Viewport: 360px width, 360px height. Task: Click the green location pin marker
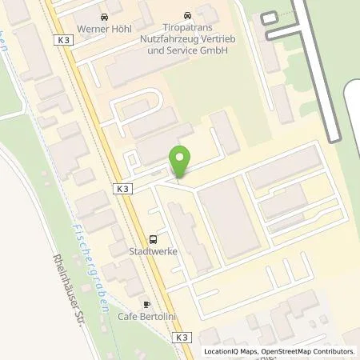pyautogui.click(x=180, y=162)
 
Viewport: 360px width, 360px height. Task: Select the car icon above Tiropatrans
pyautogui.click(x=187, y=15)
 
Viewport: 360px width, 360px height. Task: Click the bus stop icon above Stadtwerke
pyautogui.click(x=153, y=238)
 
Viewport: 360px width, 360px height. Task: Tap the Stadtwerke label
pyautogui.click(x=153, y=250)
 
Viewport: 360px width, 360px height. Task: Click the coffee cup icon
pyautogui.click(x=146, y=304)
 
